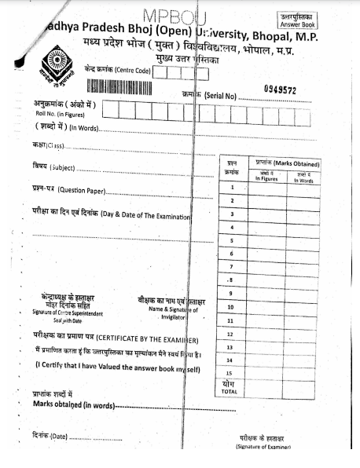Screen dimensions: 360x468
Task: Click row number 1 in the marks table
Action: (x=232, y=188)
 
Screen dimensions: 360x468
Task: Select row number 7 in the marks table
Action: (x=232, y=267)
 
